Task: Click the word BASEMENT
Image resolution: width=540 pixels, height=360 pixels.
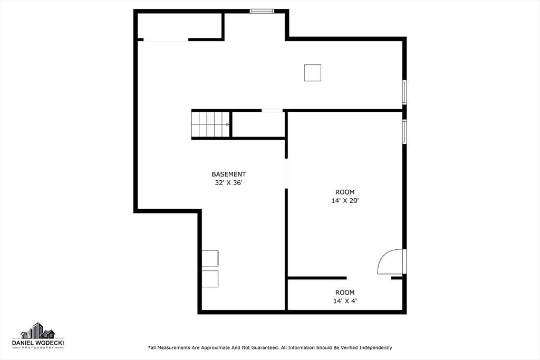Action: [228, 174]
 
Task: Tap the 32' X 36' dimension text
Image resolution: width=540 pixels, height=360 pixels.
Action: [228, 183]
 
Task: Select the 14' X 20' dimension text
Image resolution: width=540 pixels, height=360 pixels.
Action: [345, 200]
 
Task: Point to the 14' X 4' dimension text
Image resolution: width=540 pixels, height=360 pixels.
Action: [345, 301]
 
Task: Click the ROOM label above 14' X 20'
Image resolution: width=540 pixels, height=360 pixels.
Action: [345, 192]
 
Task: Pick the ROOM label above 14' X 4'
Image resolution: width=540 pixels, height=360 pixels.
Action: [345, 293]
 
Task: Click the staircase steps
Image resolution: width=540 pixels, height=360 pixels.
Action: [210, 124]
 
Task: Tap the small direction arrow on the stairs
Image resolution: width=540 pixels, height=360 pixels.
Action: [227, 124]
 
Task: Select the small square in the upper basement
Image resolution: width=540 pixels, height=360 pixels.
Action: [312, 73]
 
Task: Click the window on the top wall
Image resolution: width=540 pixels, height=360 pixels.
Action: [262, 11]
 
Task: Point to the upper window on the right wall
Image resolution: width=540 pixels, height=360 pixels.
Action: [404, 92]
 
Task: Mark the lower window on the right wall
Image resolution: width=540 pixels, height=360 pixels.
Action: [404, 131]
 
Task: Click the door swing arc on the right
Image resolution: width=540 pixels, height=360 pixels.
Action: [389, 262]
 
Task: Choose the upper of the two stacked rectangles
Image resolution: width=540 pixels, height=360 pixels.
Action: [210, 258]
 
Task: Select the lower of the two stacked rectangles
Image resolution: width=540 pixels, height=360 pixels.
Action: [210, 279]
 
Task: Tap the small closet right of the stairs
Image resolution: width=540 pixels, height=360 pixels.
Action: [258, 124]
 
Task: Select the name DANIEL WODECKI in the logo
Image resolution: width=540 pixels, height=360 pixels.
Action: [38, 343]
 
